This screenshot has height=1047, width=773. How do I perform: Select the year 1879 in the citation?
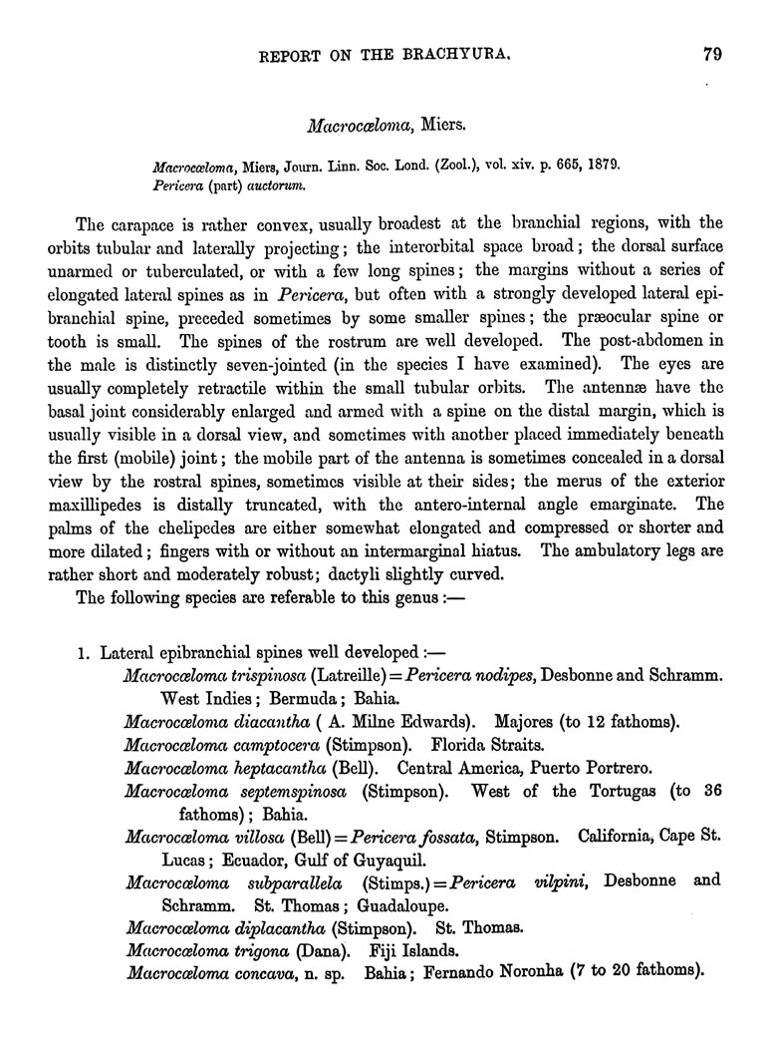coord(601,163)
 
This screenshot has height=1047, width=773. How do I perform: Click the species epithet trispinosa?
coord(265,676)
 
